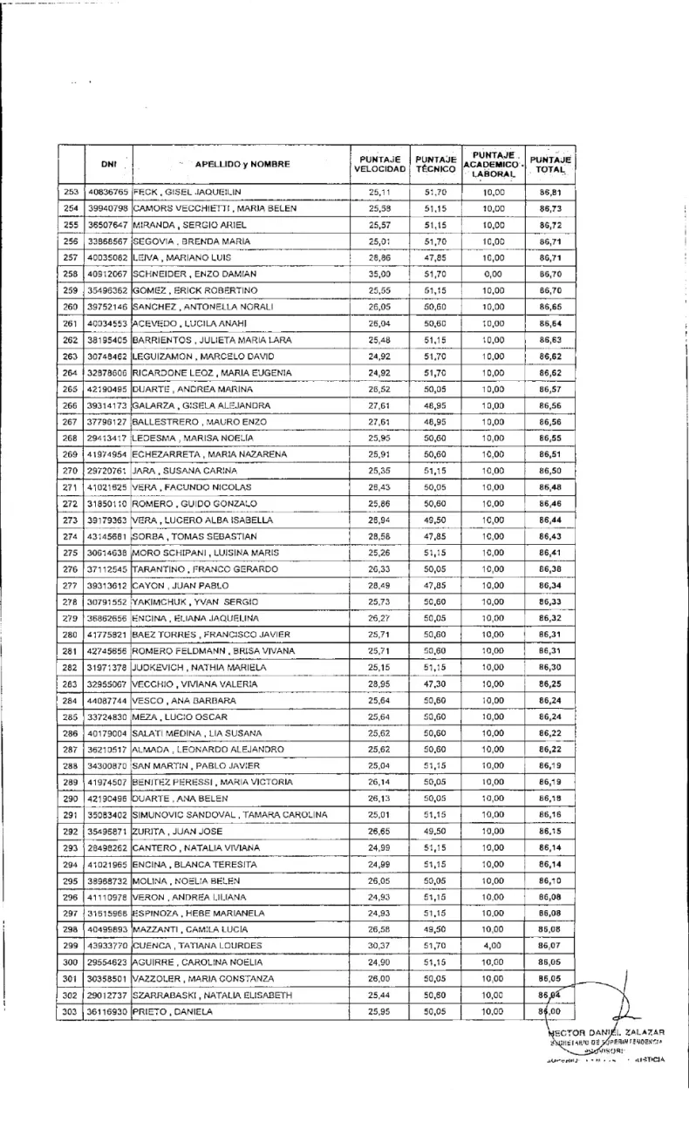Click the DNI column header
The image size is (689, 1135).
point(108,163)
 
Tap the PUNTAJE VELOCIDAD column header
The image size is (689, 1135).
point(380,163)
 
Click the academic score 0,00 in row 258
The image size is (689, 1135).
point(494,274)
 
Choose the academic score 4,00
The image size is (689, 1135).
point(494,944)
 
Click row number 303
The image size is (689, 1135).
point(72,1011)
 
